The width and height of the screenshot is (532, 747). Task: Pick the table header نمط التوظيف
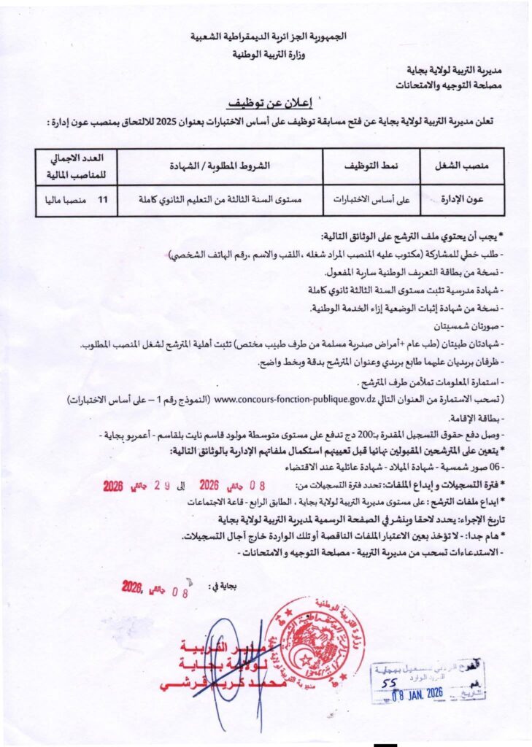(x=371, y=166)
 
